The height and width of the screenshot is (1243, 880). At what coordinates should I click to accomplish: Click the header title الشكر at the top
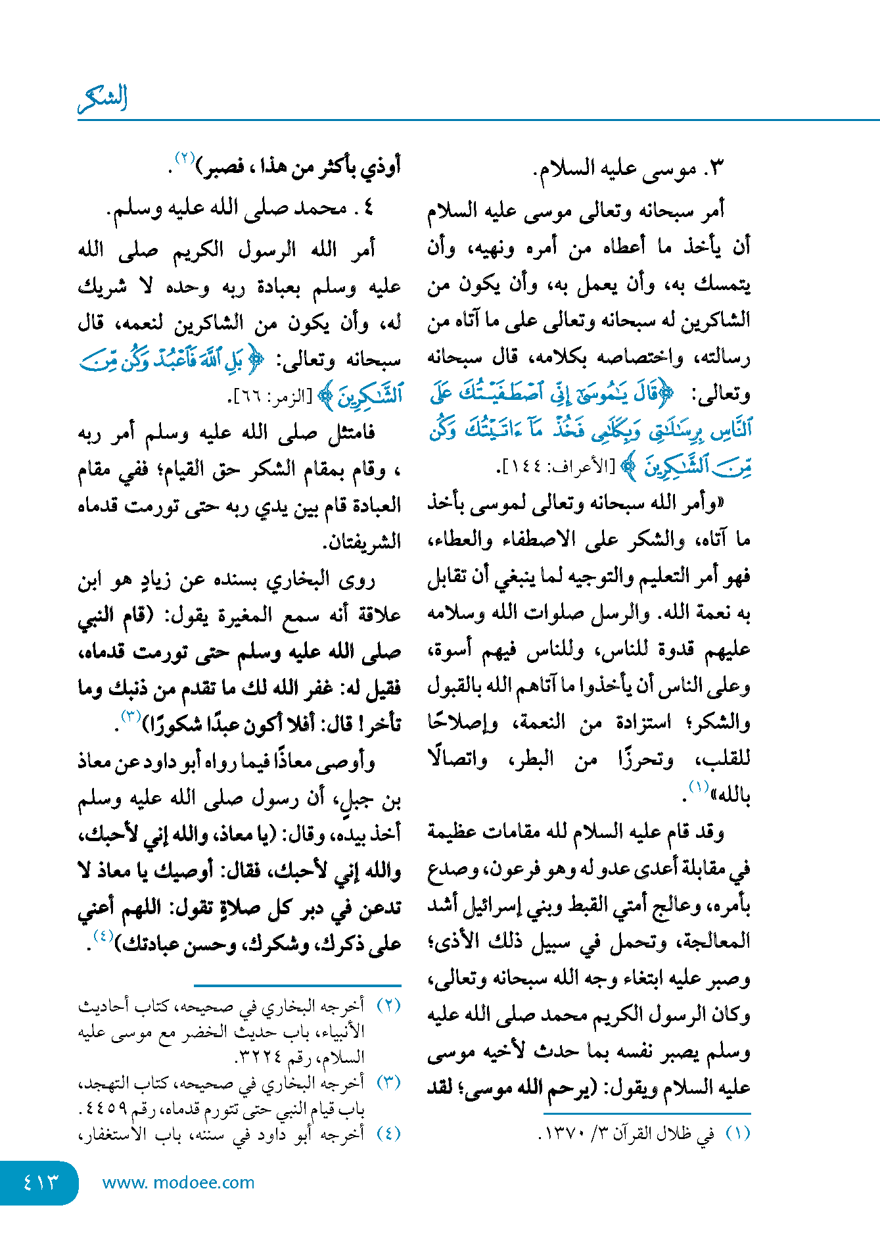point(103,99)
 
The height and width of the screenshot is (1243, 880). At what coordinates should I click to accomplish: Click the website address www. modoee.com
point(178,1182)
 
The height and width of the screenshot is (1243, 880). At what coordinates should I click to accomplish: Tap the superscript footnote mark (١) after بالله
point(698,786)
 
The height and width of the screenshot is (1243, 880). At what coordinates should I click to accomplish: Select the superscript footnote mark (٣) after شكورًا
point(131,716)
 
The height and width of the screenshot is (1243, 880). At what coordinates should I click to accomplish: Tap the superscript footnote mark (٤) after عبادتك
point(103,936)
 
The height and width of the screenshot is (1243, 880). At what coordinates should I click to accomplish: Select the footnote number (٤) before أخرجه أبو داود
point(388,1134)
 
